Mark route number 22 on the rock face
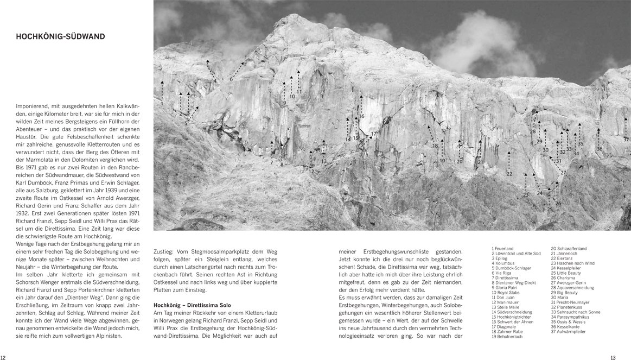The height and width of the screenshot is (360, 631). point(509,174)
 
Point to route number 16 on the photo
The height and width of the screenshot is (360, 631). point(361,117)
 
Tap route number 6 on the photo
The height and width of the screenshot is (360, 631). point(231,79)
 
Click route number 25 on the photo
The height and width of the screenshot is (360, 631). point(550,209)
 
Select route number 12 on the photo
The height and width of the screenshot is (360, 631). point(311,172)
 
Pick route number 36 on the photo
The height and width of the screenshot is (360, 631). point(600,149)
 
